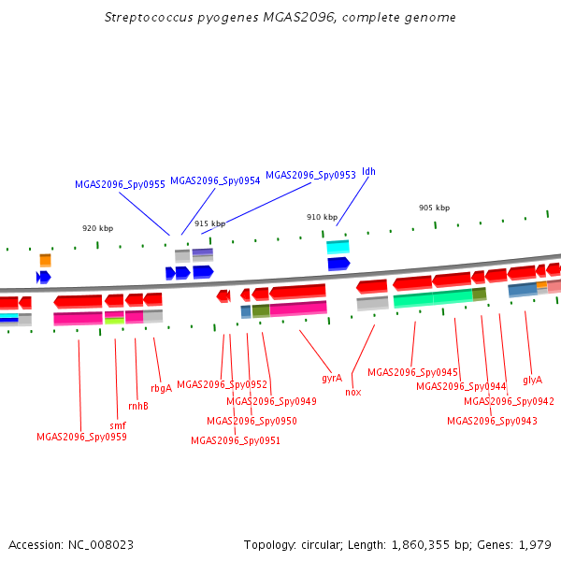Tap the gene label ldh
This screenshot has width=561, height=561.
(368, 172)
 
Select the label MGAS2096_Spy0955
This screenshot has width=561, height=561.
(120, 185)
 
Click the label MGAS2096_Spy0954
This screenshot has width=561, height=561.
(215, 180)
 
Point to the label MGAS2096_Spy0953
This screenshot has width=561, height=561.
(310, 175)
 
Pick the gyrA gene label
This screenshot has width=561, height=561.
(332, 379)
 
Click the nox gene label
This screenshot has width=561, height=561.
(352, 392)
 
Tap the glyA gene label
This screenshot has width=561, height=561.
(532, 380)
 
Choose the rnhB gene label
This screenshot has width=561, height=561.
(137, 406)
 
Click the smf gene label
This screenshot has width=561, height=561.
(118, 425)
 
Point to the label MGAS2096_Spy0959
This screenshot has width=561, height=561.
(81, 437)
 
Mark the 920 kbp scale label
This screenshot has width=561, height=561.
(97, 228)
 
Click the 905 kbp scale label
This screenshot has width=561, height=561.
(434, 208)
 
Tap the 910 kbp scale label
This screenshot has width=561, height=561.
(322, 217)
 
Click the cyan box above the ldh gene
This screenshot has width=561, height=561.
(338, 247)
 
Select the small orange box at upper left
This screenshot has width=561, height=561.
(45, 260)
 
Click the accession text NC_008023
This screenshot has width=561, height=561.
(70, 544)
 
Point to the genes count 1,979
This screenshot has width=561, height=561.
(534, 544)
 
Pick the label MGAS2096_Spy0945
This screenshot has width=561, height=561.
(412, 372)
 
